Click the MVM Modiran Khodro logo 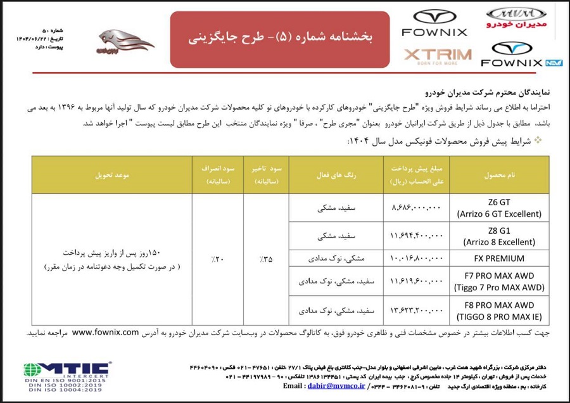point(516,18)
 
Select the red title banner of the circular point(280,38)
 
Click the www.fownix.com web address point(105,332)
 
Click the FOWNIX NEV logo point(521,55)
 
